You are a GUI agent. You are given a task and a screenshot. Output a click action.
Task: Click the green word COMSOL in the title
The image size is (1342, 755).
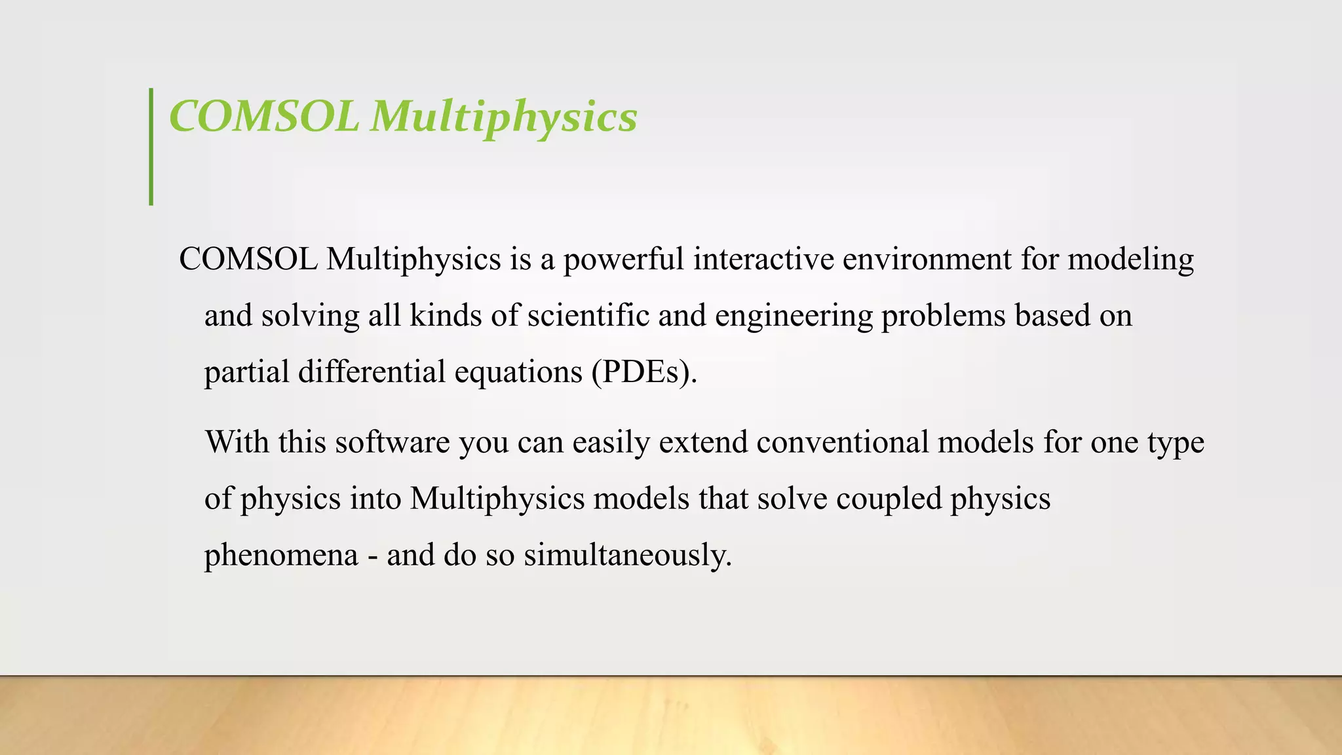pyautogui.click(x=263, y=117)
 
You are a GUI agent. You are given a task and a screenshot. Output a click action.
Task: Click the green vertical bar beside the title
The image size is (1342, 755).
pyautogui.click(x=151, y=147)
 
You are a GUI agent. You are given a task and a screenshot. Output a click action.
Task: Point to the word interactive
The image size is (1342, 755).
pyautogui.click(x=763, y=259)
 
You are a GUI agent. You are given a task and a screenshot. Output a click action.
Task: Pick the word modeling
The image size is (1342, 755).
pyautogui.click(x=1131, y=260)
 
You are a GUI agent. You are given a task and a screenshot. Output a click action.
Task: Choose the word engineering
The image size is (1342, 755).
pyautogui.click(x=794, y=317)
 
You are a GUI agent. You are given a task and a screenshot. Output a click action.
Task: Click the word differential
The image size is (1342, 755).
pyautogui.click(x=372, y=372)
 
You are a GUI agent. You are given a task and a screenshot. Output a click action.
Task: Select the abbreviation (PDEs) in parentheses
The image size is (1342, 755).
pyautogui.click(x=643, y=372)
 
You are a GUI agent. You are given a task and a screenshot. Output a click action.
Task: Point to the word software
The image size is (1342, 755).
pyautogui.click(x=393, y=442)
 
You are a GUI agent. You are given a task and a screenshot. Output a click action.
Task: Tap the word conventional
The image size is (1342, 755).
pyautogui.click(x=843, y=442)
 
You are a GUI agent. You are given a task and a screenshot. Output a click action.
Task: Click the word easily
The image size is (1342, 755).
pyautogui.click(x=611, y=443)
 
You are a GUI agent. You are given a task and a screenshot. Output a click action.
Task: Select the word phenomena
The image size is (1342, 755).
pyautogui.click(x=281, y=556)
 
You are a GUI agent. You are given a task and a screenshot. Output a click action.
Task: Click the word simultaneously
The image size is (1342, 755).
pyautogui.click(x=627, y=556)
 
